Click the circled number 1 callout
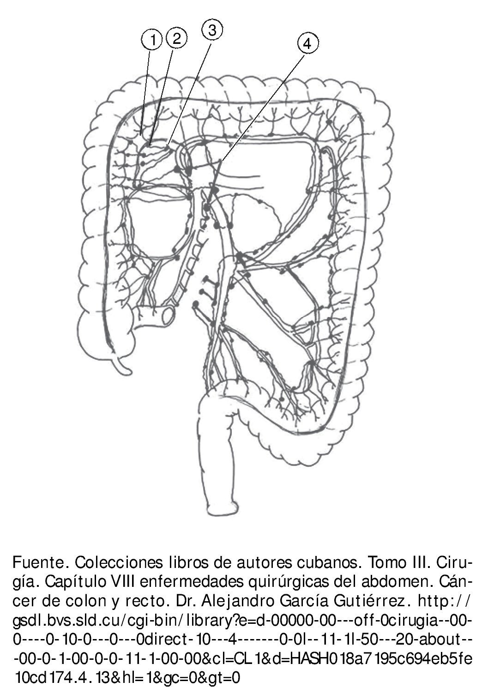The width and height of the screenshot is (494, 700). tap(151, 40)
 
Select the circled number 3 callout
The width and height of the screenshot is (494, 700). tap(212, 30)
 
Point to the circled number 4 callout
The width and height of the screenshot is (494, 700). tap(307, 43)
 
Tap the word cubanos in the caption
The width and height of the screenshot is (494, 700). tap(324, 563)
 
